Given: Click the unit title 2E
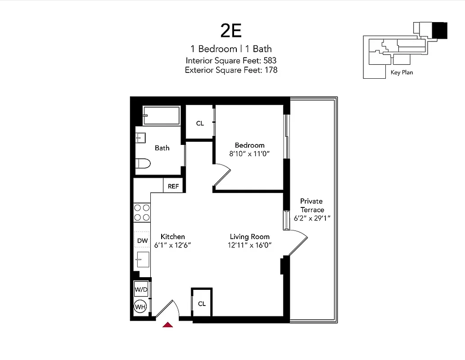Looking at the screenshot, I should pyautogui.click(x=231, y=31).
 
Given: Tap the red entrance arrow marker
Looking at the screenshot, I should pyautogui.click(x=167, y=324).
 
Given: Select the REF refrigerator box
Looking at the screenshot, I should pyautogui.click(x=173, y=186).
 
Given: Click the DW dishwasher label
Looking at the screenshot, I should pyautogui.click(x=142, y=241).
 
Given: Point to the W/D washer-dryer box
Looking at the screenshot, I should pyautogui.click(x=141, y=289).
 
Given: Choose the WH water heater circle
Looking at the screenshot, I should pyautogui.click(x=141, y=307).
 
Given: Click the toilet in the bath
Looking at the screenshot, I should pyautogui.click(x=143, y=163).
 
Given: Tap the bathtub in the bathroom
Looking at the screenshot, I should pyautogui.click(x=161, y=116).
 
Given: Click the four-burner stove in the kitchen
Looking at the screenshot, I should pyautogui.click(x=142, y=212).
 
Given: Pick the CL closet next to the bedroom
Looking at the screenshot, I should pyautogui.click(x=200, y=123).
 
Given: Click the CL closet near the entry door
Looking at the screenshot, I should pyautogui.click(x=202, y=304).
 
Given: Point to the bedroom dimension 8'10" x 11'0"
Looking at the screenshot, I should pyautogui.click(x=249, y=153).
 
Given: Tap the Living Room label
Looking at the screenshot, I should pyautogui.click(x=249, y=237).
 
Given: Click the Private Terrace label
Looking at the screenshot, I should pyautogui.click(x=312, y=205).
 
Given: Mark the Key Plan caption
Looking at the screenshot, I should pyautogui.click(x=402, y=72).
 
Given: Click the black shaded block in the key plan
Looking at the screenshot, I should pyautogui.click(x=440, y=31).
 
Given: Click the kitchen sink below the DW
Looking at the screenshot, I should pyautogui.click(x=143, y=259).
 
